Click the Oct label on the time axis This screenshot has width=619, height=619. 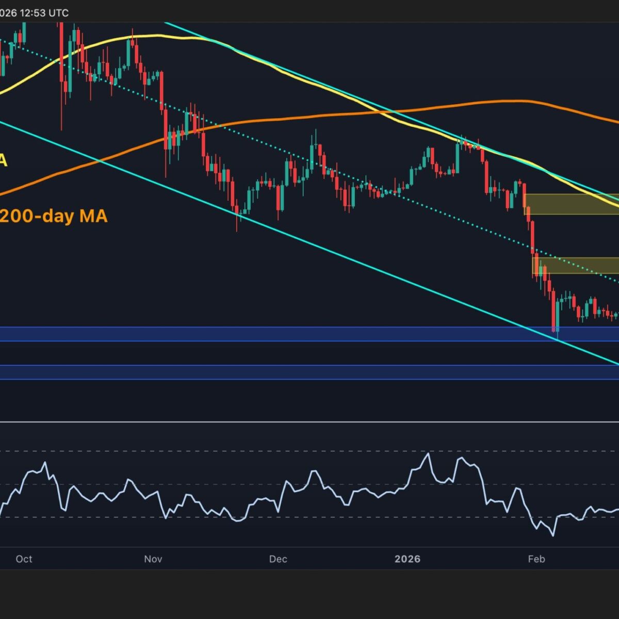24,559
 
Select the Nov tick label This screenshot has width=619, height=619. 153,559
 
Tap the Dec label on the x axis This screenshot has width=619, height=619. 278,559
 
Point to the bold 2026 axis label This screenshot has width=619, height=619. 408,559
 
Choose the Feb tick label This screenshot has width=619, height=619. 536,559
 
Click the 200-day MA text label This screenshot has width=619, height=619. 54,216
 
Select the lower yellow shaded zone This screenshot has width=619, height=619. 575,265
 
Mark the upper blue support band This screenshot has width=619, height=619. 309,334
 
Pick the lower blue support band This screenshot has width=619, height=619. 309,372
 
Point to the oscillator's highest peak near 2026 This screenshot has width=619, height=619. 427,454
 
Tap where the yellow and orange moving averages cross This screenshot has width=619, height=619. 393,111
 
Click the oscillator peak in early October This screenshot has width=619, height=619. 45,463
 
